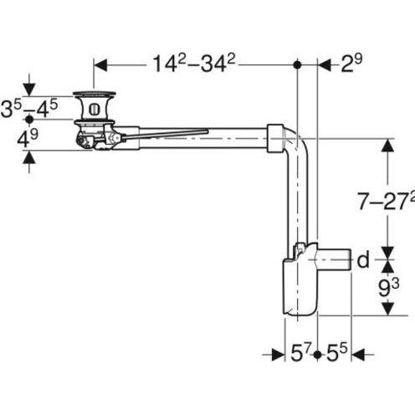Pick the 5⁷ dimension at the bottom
300,355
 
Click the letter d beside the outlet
362,260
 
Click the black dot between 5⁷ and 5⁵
318,355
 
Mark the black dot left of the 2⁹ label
298,64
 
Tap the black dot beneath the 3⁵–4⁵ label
30,120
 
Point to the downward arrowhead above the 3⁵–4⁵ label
30,90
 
